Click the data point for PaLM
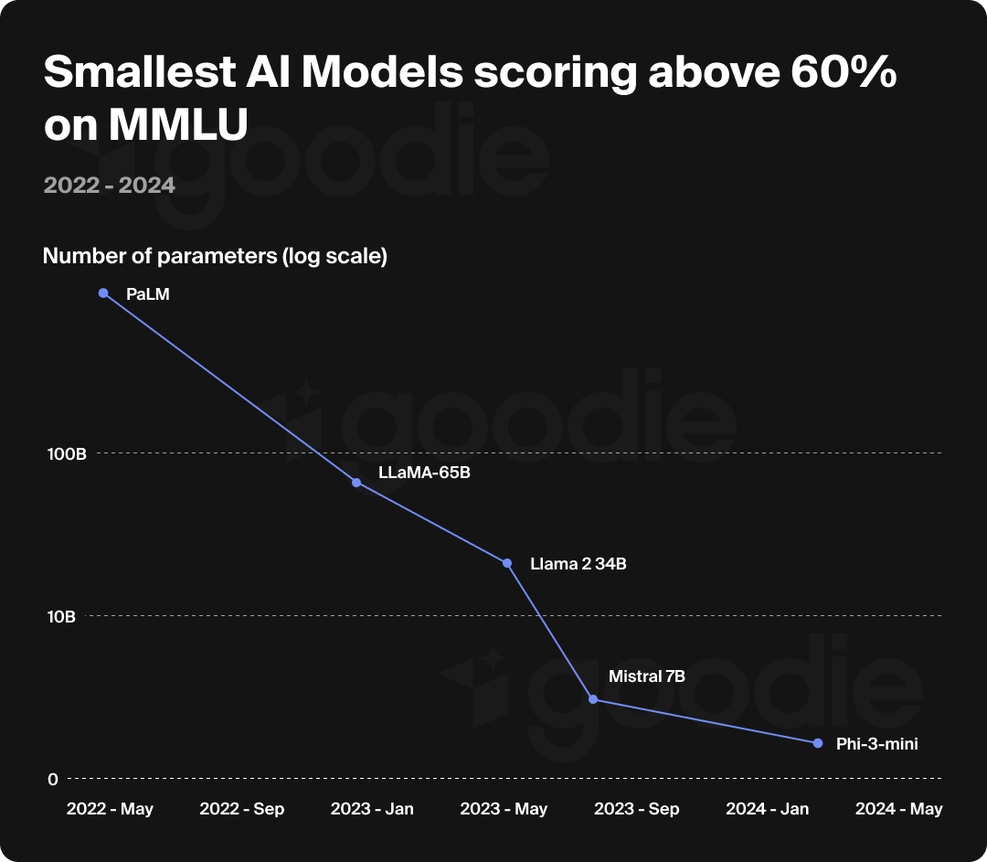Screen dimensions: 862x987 103,293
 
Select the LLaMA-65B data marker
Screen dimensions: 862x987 356,482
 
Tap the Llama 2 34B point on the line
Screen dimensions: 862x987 507,563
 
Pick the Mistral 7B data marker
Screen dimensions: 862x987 593,699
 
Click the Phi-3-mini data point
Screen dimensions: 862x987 818,743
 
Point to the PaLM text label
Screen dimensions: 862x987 148,294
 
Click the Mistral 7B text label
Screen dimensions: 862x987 647,676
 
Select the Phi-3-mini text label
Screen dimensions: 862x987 876,744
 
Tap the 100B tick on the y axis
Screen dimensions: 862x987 66,454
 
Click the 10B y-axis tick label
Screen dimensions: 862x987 61,617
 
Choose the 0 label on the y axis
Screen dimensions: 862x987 53,779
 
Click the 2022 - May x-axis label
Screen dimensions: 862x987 110,809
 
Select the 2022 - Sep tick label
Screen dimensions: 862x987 241,809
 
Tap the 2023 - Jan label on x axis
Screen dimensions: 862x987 372,809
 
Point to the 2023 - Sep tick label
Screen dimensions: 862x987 636,809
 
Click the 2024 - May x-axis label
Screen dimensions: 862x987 898,809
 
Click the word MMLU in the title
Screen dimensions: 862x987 178,126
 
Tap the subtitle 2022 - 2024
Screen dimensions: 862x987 109,186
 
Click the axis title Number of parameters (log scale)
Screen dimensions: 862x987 216,257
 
